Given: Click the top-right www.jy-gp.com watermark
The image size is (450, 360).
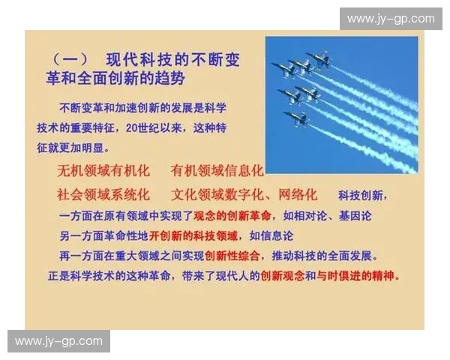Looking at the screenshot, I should pos(390,18).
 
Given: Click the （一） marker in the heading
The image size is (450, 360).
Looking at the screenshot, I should pos(70,60).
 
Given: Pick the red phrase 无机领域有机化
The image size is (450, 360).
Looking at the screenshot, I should pos(104,171).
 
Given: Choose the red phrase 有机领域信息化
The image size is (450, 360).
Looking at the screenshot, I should pos(217,171).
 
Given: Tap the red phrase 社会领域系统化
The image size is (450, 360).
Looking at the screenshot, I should pos(104,195).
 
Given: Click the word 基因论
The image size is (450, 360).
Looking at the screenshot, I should pos(355,216).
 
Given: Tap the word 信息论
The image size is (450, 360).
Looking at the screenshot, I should pos(277,235).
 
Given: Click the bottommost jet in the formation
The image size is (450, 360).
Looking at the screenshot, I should pos(294,118).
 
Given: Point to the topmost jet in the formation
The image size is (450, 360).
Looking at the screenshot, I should pos(319,58).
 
